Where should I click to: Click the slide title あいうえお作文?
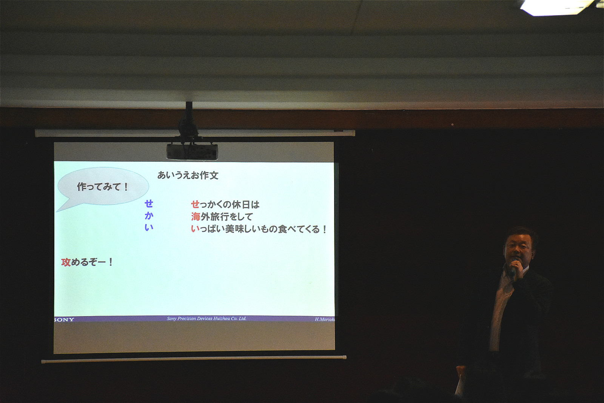[x=188, y=175]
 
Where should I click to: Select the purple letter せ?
[x=149, y=204]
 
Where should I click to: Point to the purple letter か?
[x=149, y=216]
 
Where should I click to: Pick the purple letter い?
[x=149, y=228]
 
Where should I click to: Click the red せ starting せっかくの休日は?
[x=195, y=204]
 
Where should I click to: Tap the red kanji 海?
[x=196, y=216]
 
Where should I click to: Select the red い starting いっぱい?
[x=195, y=229]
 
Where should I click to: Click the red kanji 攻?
[x=66, y=262]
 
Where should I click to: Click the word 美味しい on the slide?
[x=242, y=229]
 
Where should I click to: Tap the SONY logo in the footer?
[x=64, y=320]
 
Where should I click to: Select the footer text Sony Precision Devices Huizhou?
[x=199, y=318]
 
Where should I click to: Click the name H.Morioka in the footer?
[x=325, y=320]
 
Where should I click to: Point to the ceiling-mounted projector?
[x=192, y=151]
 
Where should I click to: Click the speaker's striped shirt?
[x=500, y=310]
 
